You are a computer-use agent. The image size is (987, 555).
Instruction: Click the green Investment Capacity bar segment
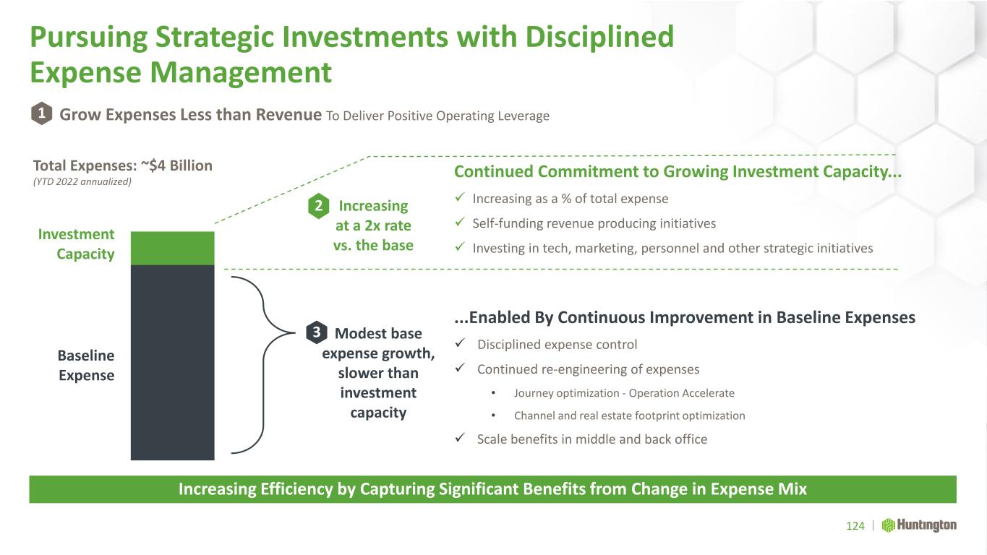coord(172,249)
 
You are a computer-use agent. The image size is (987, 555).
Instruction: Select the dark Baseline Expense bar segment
coord(172,363)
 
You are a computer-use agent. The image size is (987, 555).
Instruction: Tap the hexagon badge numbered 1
coord(42,113)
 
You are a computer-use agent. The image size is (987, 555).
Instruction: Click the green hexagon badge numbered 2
coord(319,206)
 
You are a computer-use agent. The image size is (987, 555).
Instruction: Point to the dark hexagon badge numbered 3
coord(317,332)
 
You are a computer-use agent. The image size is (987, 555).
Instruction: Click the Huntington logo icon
coord(888,525)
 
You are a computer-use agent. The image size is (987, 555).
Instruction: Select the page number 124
coord(855,526)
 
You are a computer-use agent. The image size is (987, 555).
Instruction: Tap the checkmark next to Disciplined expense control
coord(460,343)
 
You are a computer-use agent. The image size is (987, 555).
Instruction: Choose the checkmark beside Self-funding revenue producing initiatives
coord(460,222)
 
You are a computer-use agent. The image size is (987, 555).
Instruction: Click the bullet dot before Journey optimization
coord(493,392)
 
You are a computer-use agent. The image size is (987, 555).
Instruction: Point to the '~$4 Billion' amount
coord(176,165)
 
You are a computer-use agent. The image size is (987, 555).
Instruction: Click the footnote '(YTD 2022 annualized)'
coord(82,182)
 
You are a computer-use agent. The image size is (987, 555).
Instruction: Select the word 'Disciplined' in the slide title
coord(599,37)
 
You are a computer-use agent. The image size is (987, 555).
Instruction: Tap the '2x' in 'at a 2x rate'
coord(372,225)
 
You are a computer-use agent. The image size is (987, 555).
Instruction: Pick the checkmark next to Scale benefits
coord(460,437)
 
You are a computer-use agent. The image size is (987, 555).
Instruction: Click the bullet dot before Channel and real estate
coord(493,416)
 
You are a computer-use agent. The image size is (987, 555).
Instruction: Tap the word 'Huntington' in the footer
coord(927,525)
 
